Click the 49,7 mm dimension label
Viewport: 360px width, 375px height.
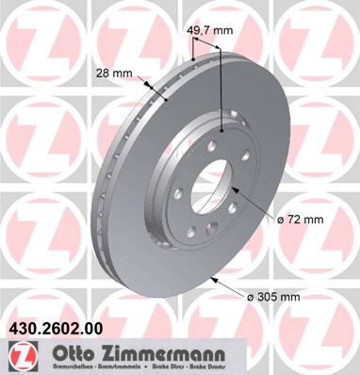pyautogui.click(x=209, y=29)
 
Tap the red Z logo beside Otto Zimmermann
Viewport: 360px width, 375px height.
pyautogui.click(x=19, y=354)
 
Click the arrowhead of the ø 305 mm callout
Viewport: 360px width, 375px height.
pyautogui.click(x=211, y=279)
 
